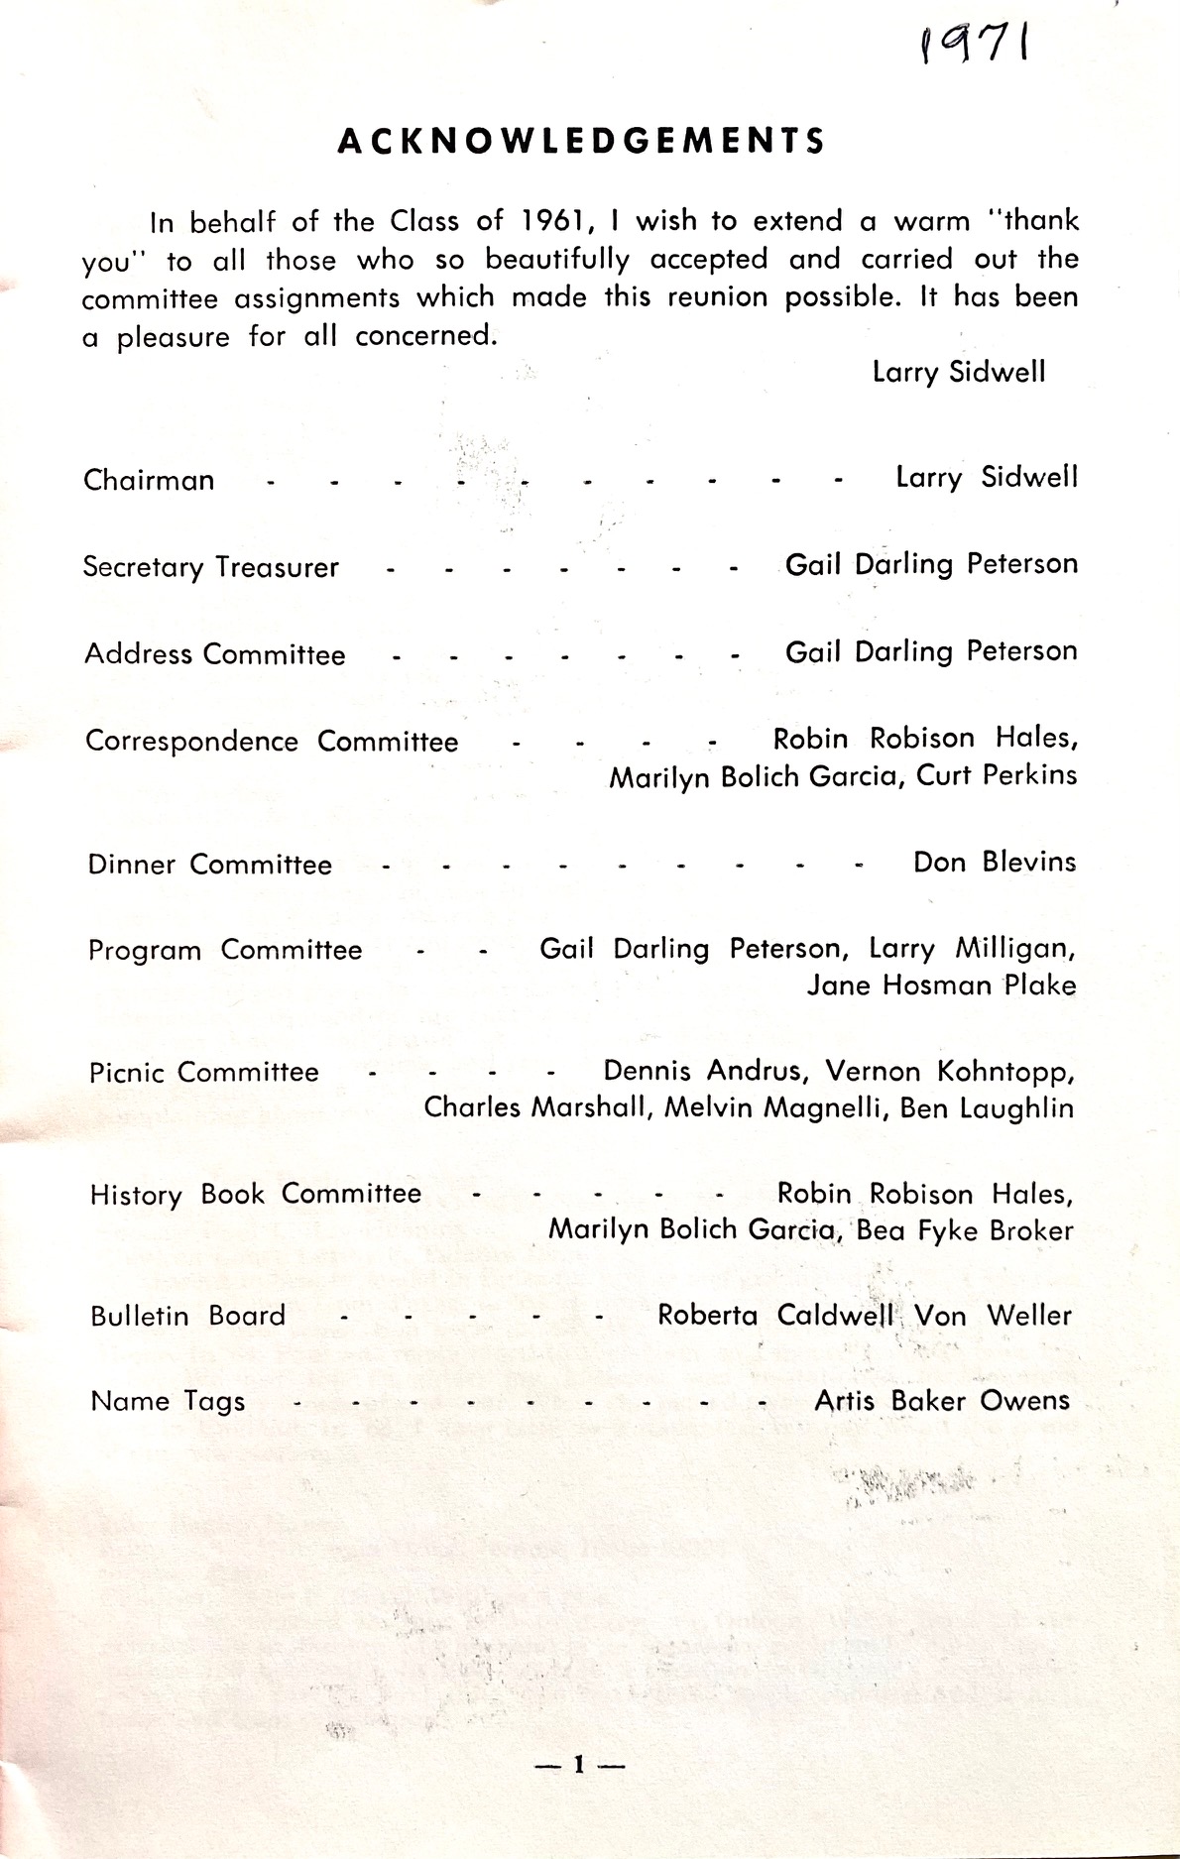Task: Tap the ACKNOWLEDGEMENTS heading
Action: [581, 142]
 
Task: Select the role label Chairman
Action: [149, 480]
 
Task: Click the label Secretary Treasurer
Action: [210, 567]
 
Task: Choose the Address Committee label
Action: [215, 654]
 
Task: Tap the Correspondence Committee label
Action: [272, 742]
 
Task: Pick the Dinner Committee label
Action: [209, 865]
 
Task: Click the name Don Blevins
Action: [994, 862]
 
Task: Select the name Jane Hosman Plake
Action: [940, 986]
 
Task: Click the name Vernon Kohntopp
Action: [950, 1072]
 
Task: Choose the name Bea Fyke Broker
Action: [964, 1230]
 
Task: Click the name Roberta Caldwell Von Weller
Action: [865, 1316]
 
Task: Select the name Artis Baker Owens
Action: [941, 1401]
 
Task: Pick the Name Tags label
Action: [168, 1402]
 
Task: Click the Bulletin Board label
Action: [187, 1316]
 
